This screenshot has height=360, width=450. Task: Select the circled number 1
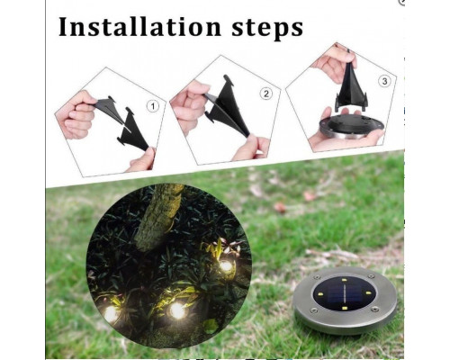click(x=152, y=105)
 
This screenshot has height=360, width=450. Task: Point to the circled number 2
click(x=265, y=94)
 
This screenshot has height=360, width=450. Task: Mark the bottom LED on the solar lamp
click(x=345, y=310)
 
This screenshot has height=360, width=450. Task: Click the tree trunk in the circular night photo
click(x=162, y=216)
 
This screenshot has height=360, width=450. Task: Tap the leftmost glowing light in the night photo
click(x=111, y=312)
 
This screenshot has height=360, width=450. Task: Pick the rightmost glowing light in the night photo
click(x=225, y=265)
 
